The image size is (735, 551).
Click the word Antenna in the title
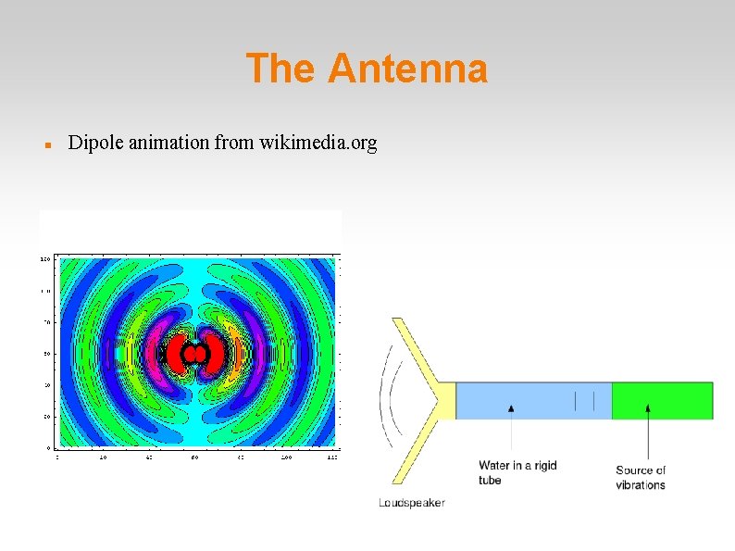[x=407, y=69]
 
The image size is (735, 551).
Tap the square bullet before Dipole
[x=45, y=145]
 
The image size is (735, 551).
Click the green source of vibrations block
[x=662, y=400]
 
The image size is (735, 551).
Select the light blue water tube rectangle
[x=533, y=400]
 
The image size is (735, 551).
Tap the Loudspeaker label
[x=412, y=503]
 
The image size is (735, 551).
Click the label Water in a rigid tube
[x=517, y=472]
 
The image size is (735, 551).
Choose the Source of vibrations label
[x=641, y=478]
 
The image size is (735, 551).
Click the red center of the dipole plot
[x=195, y=354]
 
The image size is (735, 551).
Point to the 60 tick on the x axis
[x=195, y=457]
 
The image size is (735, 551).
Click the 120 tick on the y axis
[x=44, y=259]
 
